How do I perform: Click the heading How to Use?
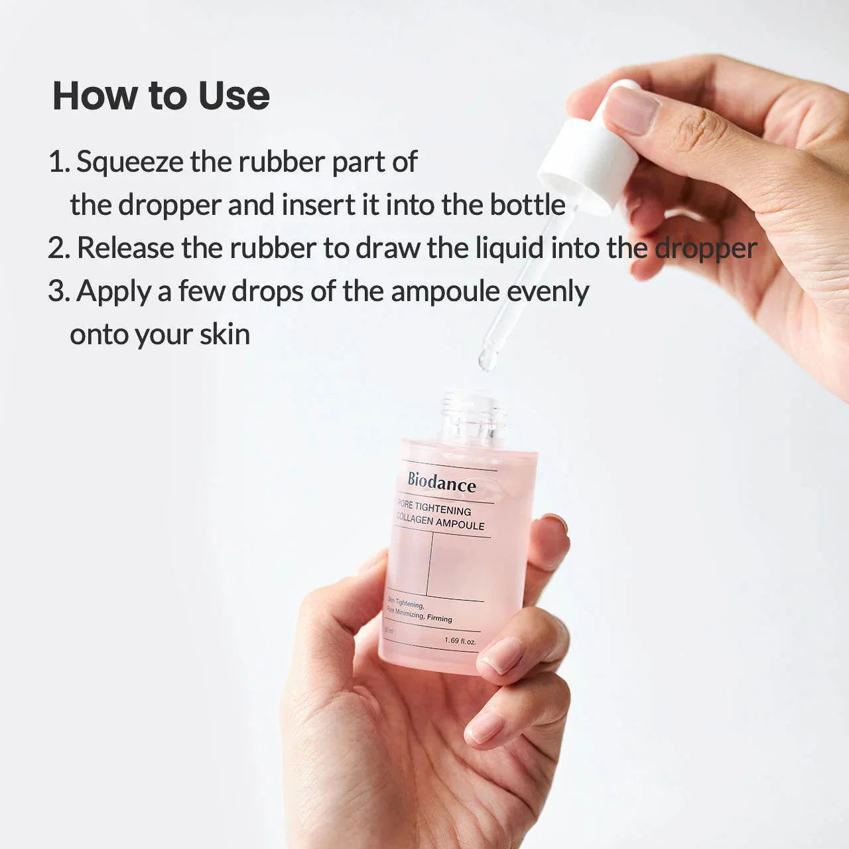(x=161, y=96)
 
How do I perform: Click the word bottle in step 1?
(x=527, y=205)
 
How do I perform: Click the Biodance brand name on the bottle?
(x=441, y=482)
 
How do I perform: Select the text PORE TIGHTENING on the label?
(x=434, y=509)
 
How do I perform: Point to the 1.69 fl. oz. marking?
(x=460, y=641)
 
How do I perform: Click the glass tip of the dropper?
(x=488, y=358)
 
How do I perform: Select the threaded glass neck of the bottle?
(x=472, y=415)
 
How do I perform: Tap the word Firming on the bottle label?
(x=439, y=619)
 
